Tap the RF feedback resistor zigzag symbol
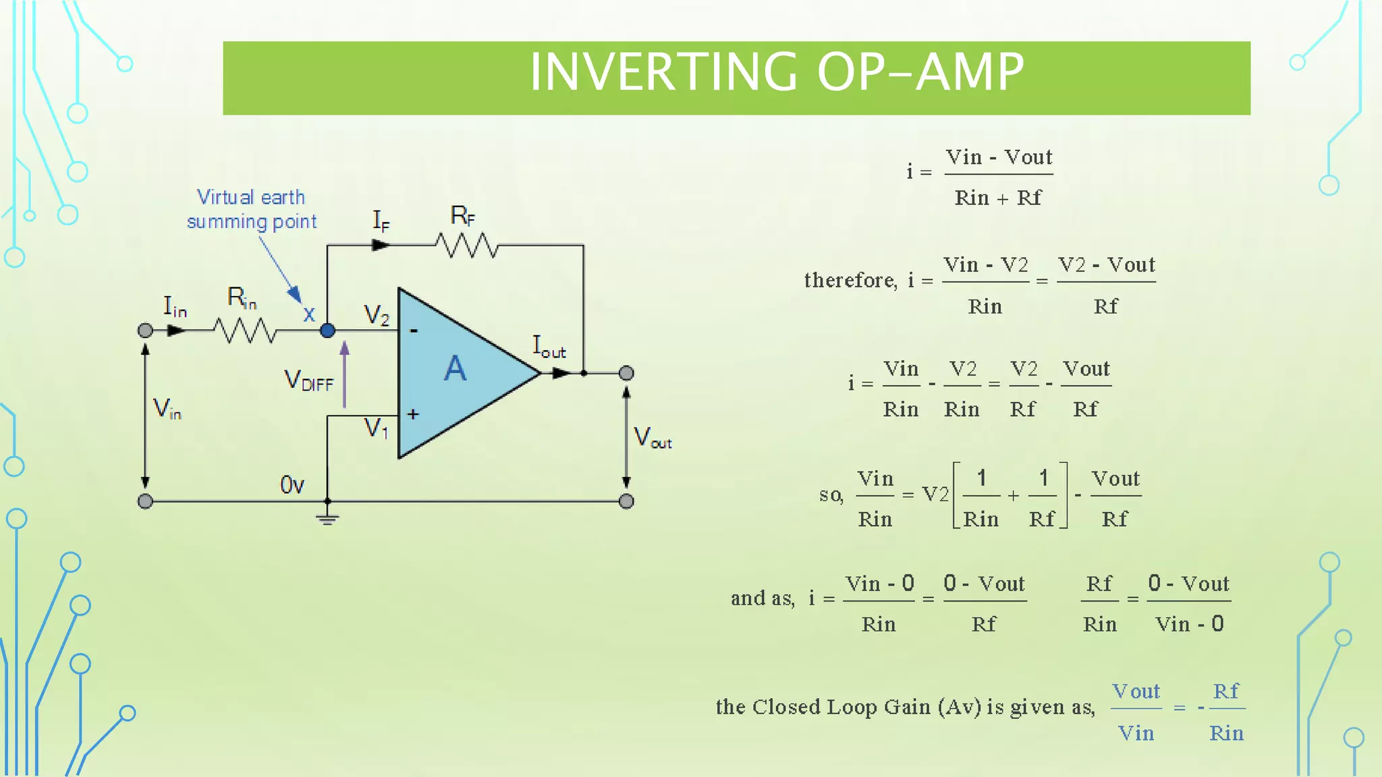click(x=467, y=246)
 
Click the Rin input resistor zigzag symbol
click(x=245, y=330)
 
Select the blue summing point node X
click(x=327, y=330)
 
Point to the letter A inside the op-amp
click(x=455, y=369)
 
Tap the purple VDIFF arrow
click(x=344, y=374)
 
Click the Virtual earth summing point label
click(x=251, y=209)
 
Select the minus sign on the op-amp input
click(x=414, y=330)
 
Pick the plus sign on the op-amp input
click(x=413, y=414)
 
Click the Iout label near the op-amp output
click(x=549, y=347)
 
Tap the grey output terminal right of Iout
click(x=626, y=373)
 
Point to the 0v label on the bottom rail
click(x=292, y=484)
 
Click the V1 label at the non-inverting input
click(x=376, y=428)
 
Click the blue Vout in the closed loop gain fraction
click(x=1136, y=691)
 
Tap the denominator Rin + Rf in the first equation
click(x=998, y=198)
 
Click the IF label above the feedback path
click(x=381, y=221)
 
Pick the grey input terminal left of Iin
click(x=145, y=330)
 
